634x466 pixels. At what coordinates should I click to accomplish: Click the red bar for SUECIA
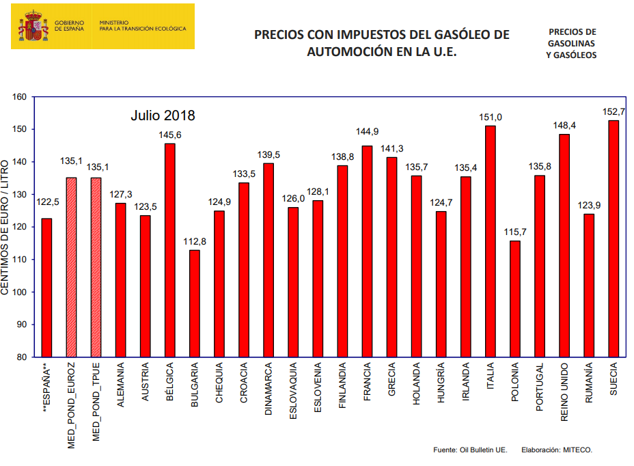(x=614, y=238)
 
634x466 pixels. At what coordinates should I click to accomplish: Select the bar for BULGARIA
(x=195, y=303)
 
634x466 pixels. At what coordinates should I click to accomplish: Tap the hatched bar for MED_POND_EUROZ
(x=71, y=267)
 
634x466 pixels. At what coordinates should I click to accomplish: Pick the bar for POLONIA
(x=515, y=299)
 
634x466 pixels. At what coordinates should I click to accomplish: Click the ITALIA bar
(x=491, y=241)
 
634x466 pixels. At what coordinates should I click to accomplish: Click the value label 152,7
(x=614, y=112)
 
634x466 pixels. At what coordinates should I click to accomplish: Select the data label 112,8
(x=195, y=242)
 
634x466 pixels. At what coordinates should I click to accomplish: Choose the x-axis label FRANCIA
(x=368, y=385)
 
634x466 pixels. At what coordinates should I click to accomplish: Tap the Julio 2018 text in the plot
(x=163, y=115)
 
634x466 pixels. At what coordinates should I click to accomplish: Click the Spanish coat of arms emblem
(x=33, y=27)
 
